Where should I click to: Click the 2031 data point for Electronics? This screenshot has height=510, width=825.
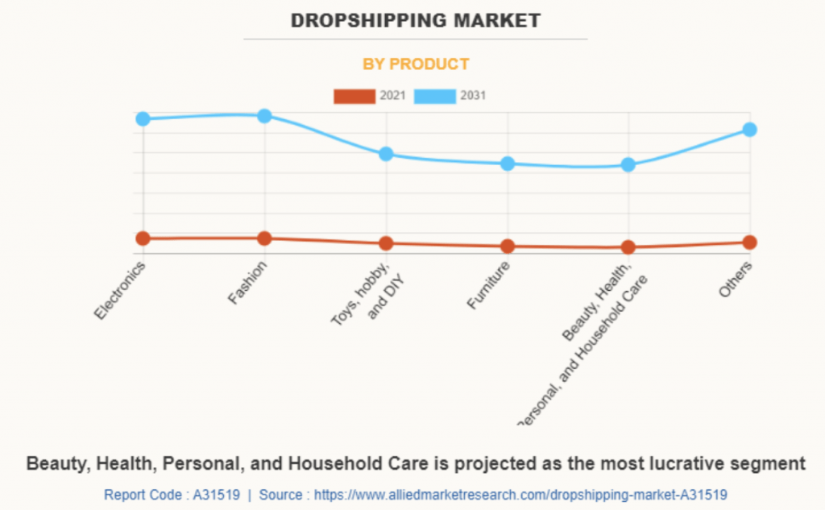coord(143,118)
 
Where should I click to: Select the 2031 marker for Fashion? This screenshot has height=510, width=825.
coord(264,116)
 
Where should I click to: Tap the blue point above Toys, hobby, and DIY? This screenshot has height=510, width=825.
coord(386,154)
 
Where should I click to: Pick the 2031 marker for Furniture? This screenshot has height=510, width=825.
coord(508,164)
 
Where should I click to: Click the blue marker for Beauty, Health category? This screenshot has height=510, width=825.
coord(628,165)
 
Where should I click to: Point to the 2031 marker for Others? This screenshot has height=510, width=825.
coord(749,129)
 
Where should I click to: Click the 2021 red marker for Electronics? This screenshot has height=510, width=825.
coord(143,238)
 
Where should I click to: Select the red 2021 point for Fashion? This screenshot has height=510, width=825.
coord(264,238)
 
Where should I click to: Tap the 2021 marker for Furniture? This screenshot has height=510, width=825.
coord(508,246)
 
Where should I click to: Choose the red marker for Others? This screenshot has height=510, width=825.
coord(749,242)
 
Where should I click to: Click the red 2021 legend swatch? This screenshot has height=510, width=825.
coord(354,97)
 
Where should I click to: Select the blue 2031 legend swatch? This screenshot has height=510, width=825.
coord(435,97)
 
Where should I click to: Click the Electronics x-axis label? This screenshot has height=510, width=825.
coord(120,291)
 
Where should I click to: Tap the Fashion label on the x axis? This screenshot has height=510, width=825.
coord(248,284)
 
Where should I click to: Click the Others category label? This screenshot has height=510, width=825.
coord(736,280)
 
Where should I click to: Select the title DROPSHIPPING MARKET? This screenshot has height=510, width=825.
coord(416,21)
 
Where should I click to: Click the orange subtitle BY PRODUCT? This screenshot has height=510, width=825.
coord(416,64)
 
